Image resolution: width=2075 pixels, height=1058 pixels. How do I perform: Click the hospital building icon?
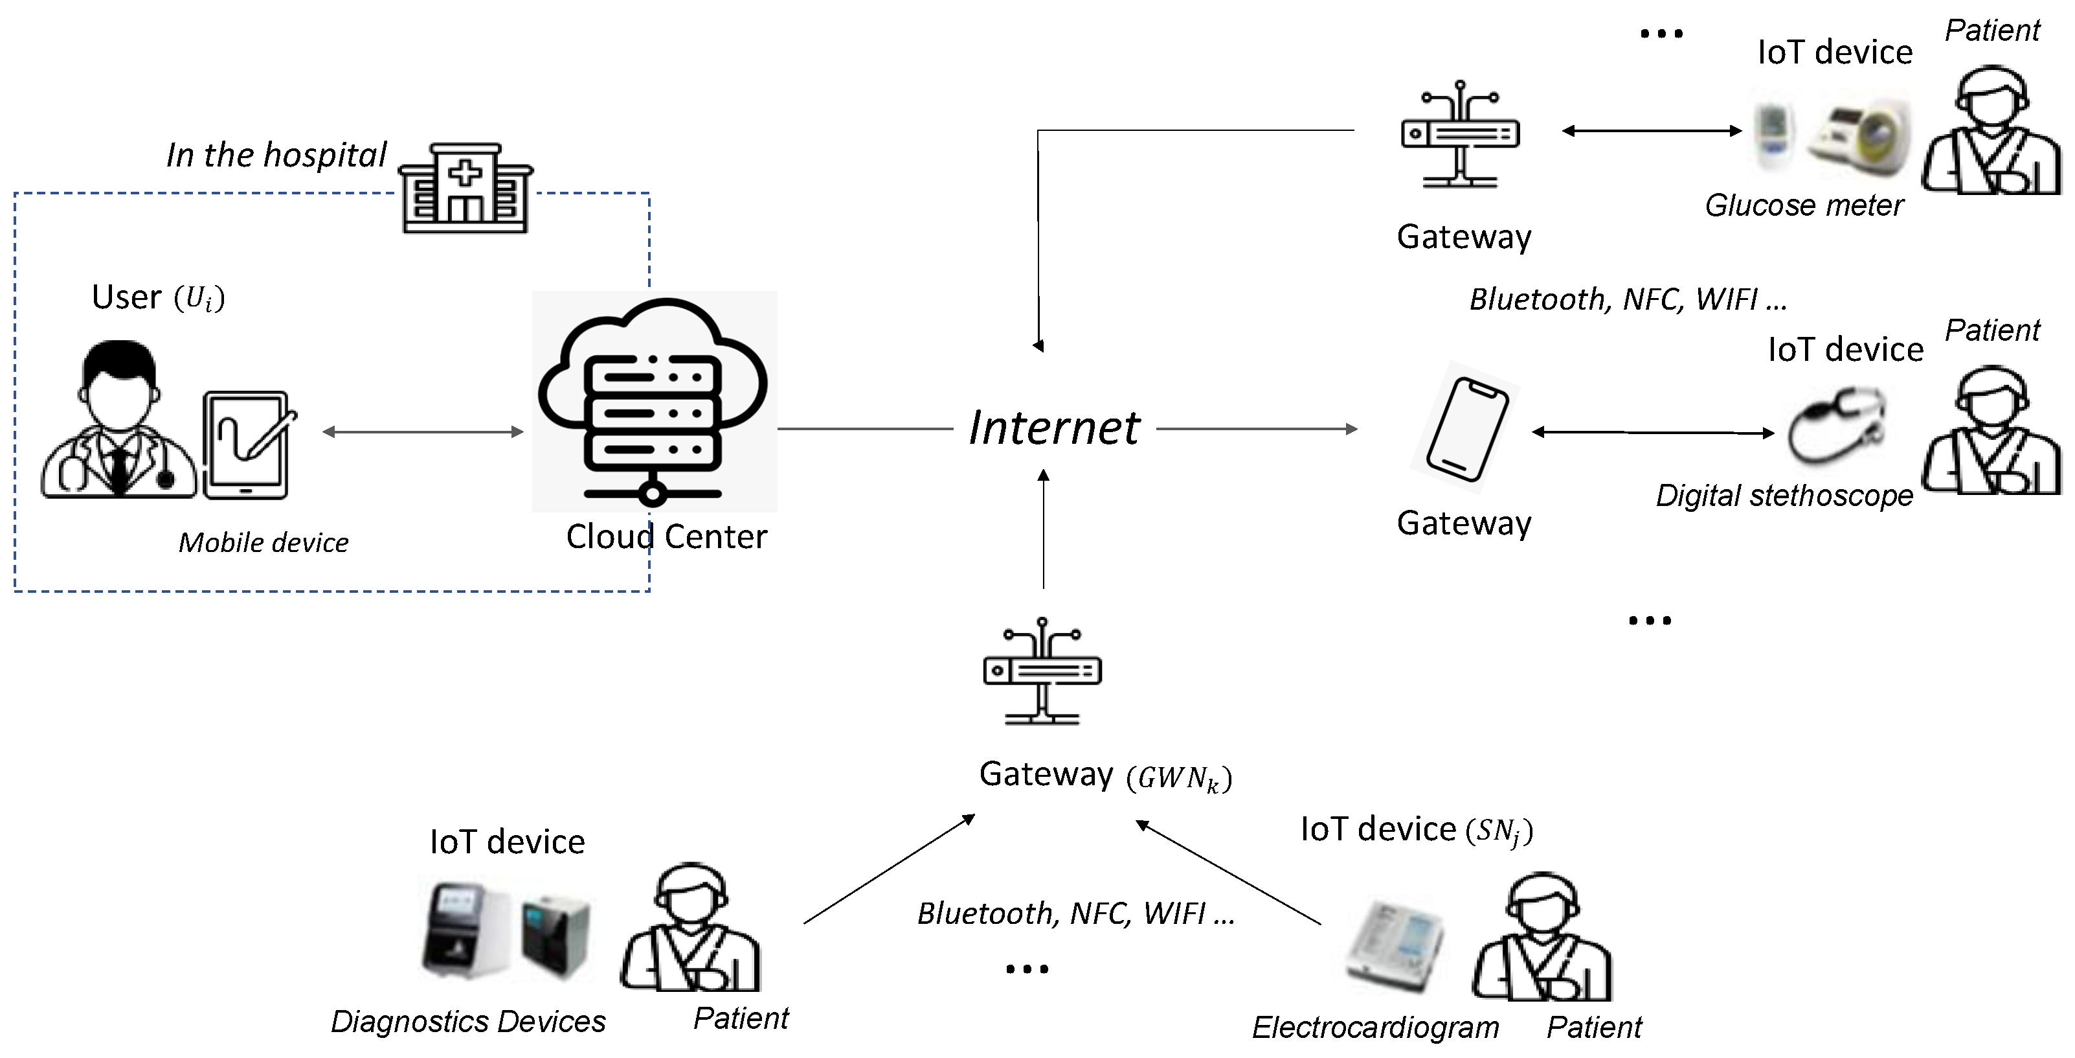(465, 189)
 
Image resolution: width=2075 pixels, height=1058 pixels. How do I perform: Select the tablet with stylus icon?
(247, 445)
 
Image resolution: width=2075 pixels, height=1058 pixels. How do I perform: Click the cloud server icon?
(653, 401)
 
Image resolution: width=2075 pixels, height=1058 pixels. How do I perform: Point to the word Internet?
(1053, 427)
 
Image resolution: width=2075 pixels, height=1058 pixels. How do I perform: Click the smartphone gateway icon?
(1466, 428)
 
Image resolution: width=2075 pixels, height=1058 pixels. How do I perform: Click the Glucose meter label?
(1804, 205)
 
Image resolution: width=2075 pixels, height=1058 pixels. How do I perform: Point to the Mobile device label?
(264, 542)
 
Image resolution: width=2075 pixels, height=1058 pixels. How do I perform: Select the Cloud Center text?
(666, 536)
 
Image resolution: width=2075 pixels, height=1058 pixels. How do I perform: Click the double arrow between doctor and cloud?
(423, 432)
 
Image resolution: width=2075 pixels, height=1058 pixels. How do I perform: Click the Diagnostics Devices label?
(468, 1021)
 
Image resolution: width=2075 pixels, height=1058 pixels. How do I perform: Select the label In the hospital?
(276, 155)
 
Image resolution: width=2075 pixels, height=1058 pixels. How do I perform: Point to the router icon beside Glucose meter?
(1459, 135)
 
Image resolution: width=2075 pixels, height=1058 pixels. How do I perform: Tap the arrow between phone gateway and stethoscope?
(1652, 433)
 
